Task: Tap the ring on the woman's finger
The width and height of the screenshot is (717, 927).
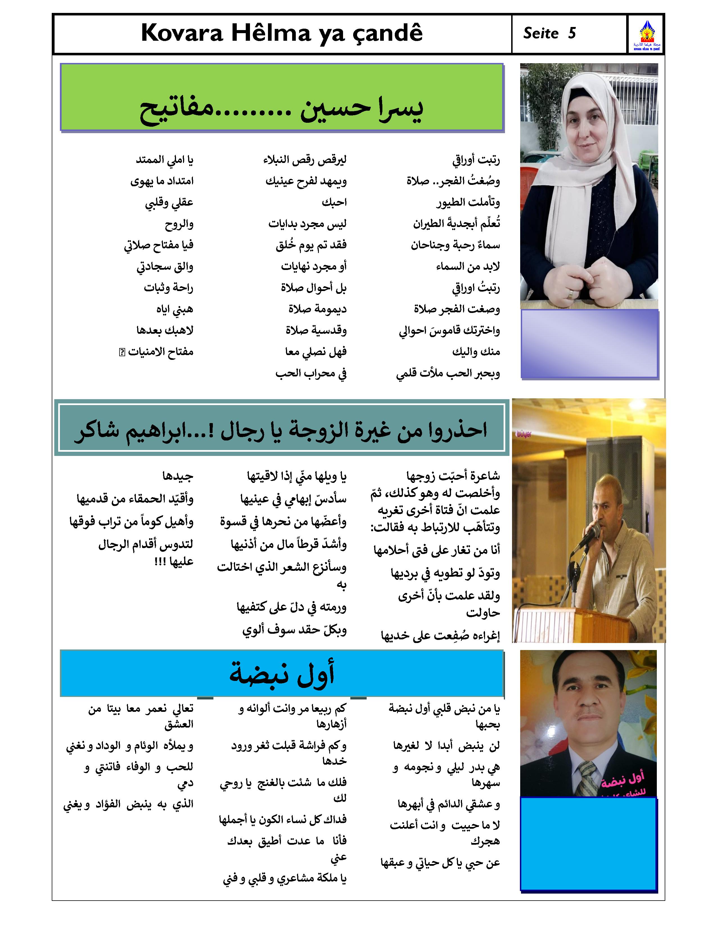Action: [x=571, y=293]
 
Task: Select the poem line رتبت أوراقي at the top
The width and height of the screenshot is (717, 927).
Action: [x=476, y=160]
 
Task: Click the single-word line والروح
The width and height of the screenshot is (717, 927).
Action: [x=179, y=224]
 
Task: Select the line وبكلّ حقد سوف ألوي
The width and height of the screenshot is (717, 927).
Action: [x=294, y=630]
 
